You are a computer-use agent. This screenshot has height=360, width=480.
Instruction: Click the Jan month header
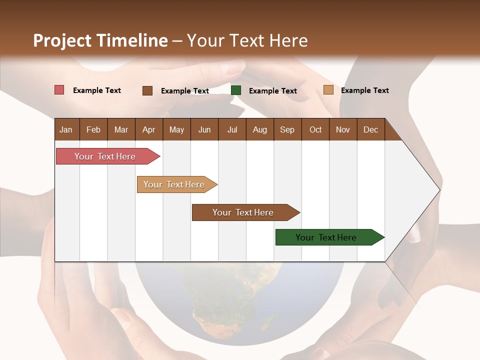66,129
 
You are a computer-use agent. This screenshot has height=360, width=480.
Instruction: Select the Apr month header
148,129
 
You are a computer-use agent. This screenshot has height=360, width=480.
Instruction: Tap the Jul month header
232,129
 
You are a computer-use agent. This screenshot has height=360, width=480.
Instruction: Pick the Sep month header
287,129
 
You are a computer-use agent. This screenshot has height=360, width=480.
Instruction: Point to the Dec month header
370,129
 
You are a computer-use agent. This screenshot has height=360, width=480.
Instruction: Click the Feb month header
93,129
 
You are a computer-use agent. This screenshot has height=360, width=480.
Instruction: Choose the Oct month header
315,129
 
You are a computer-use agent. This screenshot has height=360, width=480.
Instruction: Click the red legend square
59,90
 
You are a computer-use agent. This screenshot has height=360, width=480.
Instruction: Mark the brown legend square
147,90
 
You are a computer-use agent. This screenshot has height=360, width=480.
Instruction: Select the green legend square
236,90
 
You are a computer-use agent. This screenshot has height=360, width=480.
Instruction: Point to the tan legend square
328,90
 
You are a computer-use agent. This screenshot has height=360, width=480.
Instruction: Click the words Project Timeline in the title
100,40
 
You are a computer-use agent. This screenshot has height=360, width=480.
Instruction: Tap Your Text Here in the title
247,40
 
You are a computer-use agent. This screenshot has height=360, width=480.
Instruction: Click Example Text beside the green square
272,91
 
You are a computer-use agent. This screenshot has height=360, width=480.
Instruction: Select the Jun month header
204,129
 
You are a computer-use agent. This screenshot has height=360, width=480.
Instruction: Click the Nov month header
342,129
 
